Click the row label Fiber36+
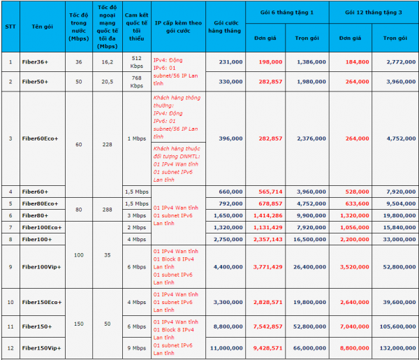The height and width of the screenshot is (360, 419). (34, 62)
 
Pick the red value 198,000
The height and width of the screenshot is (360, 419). (269, 62)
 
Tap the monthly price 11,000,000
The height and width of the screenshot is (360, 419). (228, 347)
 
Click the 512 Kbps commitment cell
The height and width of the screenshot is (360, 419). (136, 62)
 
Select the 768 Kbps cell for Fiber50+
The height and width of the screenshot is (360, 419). (136, 81)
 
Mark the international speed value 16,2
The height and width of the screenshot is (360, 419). (108, 62)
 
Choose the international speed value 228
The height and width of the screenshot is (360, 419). (108, 144)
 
